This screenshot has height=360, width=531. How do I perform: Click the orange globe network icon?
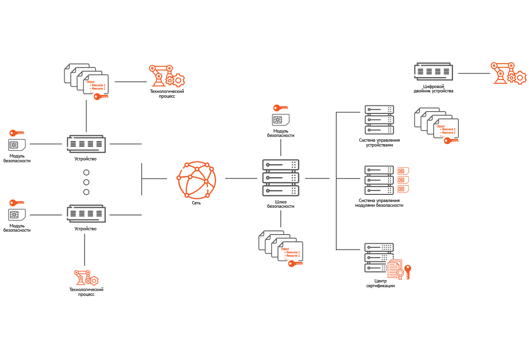[x=196, y=180]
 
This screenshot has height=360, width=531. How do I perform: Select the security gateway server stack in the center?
[x=281, y=178]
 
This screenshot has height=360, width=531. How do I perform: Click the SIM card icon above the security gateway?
[x=281, y=120]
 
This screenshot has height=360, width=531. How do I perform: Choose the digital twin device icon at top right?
[x=433, y=72]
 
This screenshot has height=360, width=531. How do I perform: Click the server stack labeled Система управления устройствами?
[x=379, y=120]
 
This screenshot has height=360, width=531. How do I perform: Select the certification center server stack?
[x=379, y=258]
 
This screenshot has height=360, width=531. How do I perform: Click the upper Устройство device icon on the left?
[x=86, y=144]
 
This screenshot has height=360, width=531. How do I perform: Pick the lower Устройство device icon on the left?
[x=86, y=214]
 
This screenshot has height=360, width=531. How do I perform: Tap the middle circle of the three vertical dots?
[x=87, y=182]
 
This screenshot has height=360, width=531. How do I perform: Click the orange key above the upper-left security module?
[x=16, y=133]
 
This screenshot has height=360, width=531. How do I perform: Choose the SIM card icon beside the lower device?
[x=17, y=214]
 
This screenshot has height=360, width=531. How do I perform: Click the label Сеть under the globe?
[x=196, y=202]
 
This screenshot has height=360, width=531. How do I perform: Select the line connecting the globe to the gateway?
[x=242, y=178]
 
